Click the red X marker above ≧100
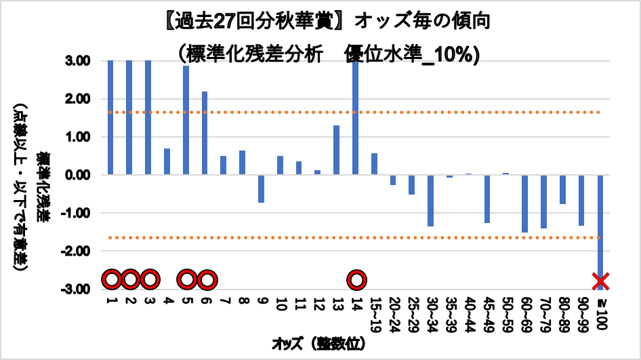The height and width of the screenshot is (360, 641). pos(600,280)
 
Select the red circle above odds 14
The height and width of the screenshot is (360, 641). pos(356,279)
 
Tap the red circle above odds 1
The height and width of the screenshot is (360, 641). pos(111,279)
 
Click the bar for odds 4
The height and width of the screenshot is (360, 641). pos(167,161)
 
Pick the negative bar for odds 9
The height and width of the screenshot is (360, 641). pos(261,188)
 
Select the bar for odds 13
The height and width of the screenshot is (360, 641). pos(336,150)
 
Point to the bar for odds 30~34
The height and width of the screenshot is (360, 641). pos(430,200)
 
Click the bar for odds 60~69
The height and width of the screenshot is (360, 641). pos(524,203)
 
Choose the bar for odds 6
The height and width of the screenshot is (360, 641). pos(205,133)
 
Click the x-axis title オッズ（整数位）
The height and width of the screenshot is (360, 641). pos(320,344)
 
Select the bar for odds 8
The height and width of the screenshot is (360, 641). pos(242,163)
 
